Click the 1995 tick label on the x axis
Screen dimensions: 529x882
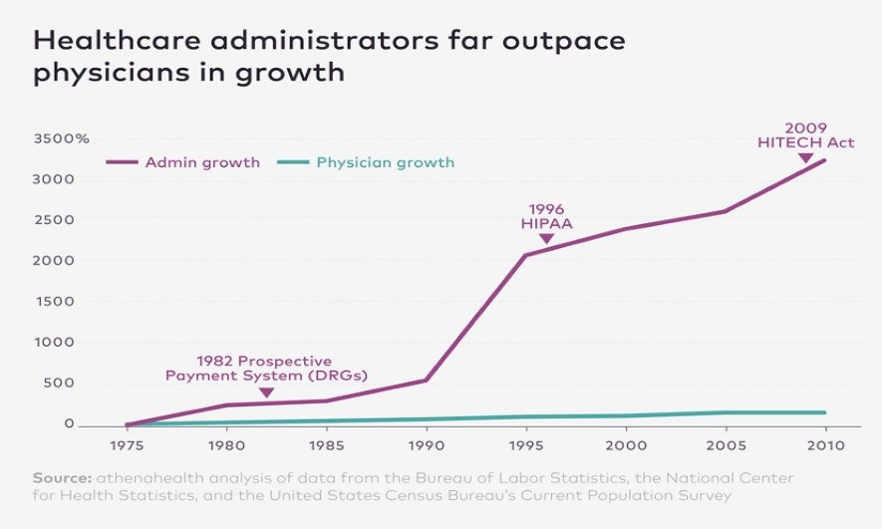tap(526, 445)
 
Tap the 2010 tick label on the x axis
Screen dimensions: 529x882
tap(825, 445)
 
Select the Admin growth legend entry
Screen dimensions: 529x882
tap(202, 162)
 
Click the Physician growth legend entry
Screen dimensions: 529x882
tap(385, 162)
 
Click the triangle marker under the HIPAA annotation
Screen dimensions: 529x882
tap(545, 239)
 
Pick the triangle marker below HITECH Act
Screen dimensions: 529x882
tap(805, 157)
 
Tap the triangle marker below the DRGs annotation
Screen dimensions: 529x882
tap(266, 393)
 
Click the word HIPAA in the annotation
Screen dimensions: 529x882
tap(546, 224)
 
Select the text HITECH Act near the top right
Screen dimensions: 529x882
tap(805, 142)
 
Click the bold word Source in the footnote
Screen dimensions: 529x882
tap(58, 477)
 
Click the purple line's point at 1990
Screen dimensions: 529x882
tap(427, 380)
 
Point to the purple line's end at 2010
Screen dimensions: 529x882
tap(825, 160)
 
